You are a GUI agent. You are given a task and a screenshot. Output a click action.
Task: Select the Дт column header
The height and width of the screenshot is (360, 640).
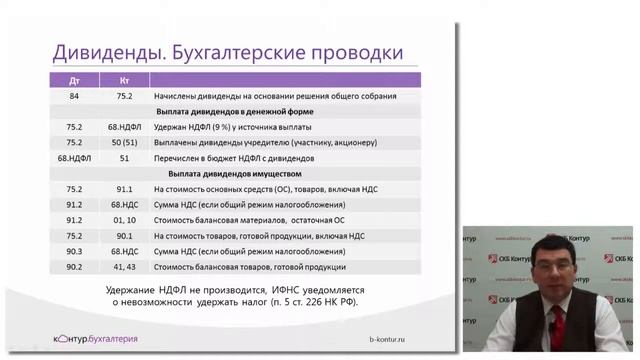[x=75, y=79]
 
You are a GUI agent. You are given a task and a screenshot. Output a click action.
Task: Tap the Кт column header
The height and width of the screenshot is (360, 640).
[x=124, y=79]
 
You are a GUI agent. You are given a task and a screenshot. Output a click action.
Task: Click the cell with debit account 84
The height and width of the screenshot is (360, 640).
[x=75, y=96]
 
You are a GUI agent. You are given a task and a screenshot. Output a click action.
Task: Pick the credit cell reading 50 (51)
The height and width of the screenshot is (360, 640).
[x=124, y=142]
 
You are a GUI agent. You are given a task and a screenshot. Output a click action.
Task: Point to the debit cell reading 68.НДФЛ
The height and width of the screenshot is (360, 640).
[x=75, y=158]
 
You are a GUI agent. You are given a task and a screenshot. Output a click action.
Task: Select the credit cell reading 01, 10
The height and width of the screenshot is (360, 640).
[x=124, y=219]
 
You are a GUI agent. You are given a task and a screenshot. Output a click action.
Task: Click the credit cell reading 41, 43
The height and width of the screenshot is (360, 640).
[x=124, y=267]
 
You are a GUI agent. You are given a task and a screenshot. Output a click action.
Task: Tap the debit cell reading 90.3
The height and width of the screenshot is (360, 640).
[x=75, y=251]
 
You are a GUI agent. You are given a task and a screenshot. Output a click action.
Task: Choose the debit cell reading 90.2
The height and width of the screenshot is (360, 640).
[x=75, y=267]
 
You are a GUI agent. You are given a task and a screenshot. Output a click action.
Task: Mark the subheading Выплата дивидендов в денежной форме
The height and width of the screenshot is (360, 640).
[x=249, y=111]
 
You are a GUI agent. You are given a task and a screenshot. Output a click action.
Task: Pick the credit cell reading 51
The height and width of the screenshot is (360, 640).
[x=124, y=158]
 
